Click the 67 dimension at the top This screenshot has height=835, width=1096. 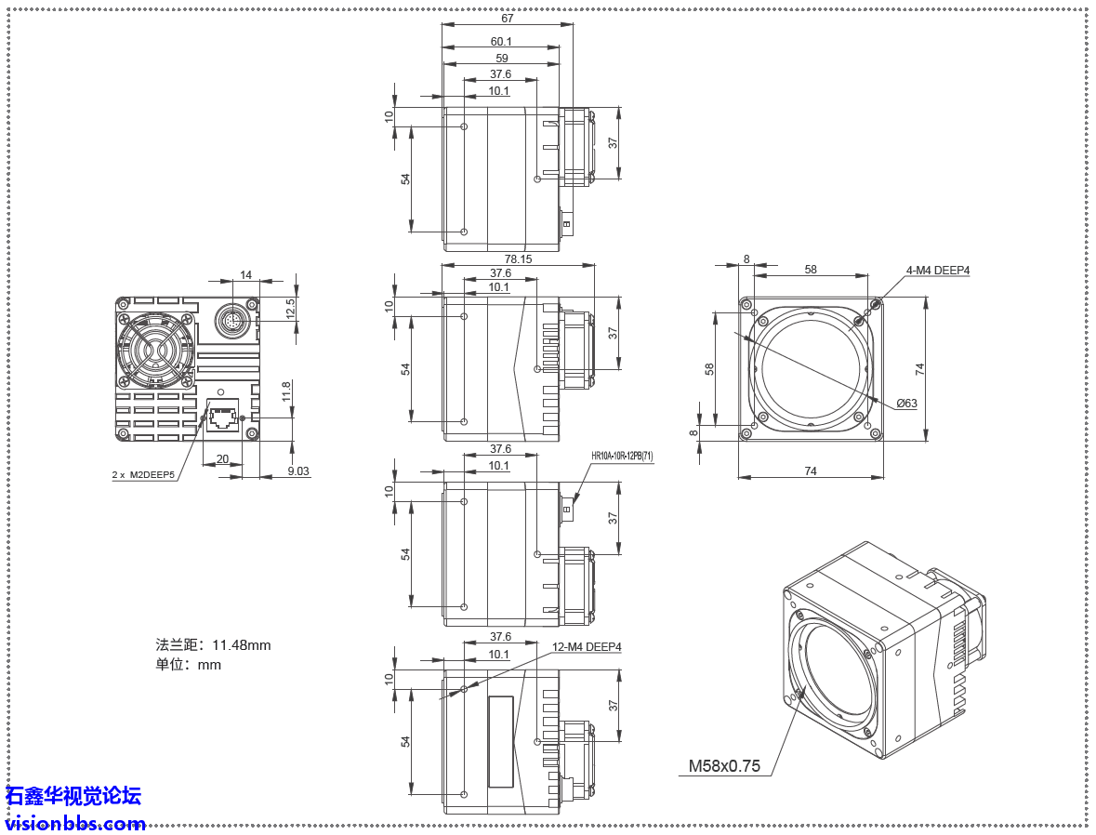coord(507,18)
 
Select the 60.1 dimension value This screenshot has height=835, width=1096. coord(501,42)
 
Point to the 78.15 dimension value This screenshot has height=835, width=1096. coord(518,259)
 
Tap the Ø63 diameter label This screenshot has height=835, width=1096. coord(906,404)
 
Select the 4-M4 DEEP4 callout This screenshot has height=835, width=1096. coord(937,271)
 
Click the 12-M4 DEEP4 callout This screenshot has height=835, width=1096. coord(587,647)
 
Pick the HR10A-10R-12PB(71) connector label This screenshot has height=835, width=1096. coord(622,457)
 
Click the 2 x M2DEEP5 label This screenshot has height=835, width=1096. coord(143,474)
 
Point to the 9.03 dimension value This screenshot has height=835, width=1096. coord(298,471)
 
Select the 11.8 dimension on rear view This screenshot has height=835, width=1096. coord(287,391)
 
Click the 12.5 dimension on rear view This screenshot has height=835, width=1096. coord(291,308)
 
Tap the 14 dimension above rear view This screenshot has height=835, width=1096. coord(245,275)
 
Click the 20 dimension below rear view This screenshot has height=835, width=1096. coord(222,459)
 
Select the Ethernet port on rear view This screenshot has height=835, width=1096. coord(223,417)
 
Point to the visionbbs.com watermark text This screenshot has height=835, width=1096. coord(75,823)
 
